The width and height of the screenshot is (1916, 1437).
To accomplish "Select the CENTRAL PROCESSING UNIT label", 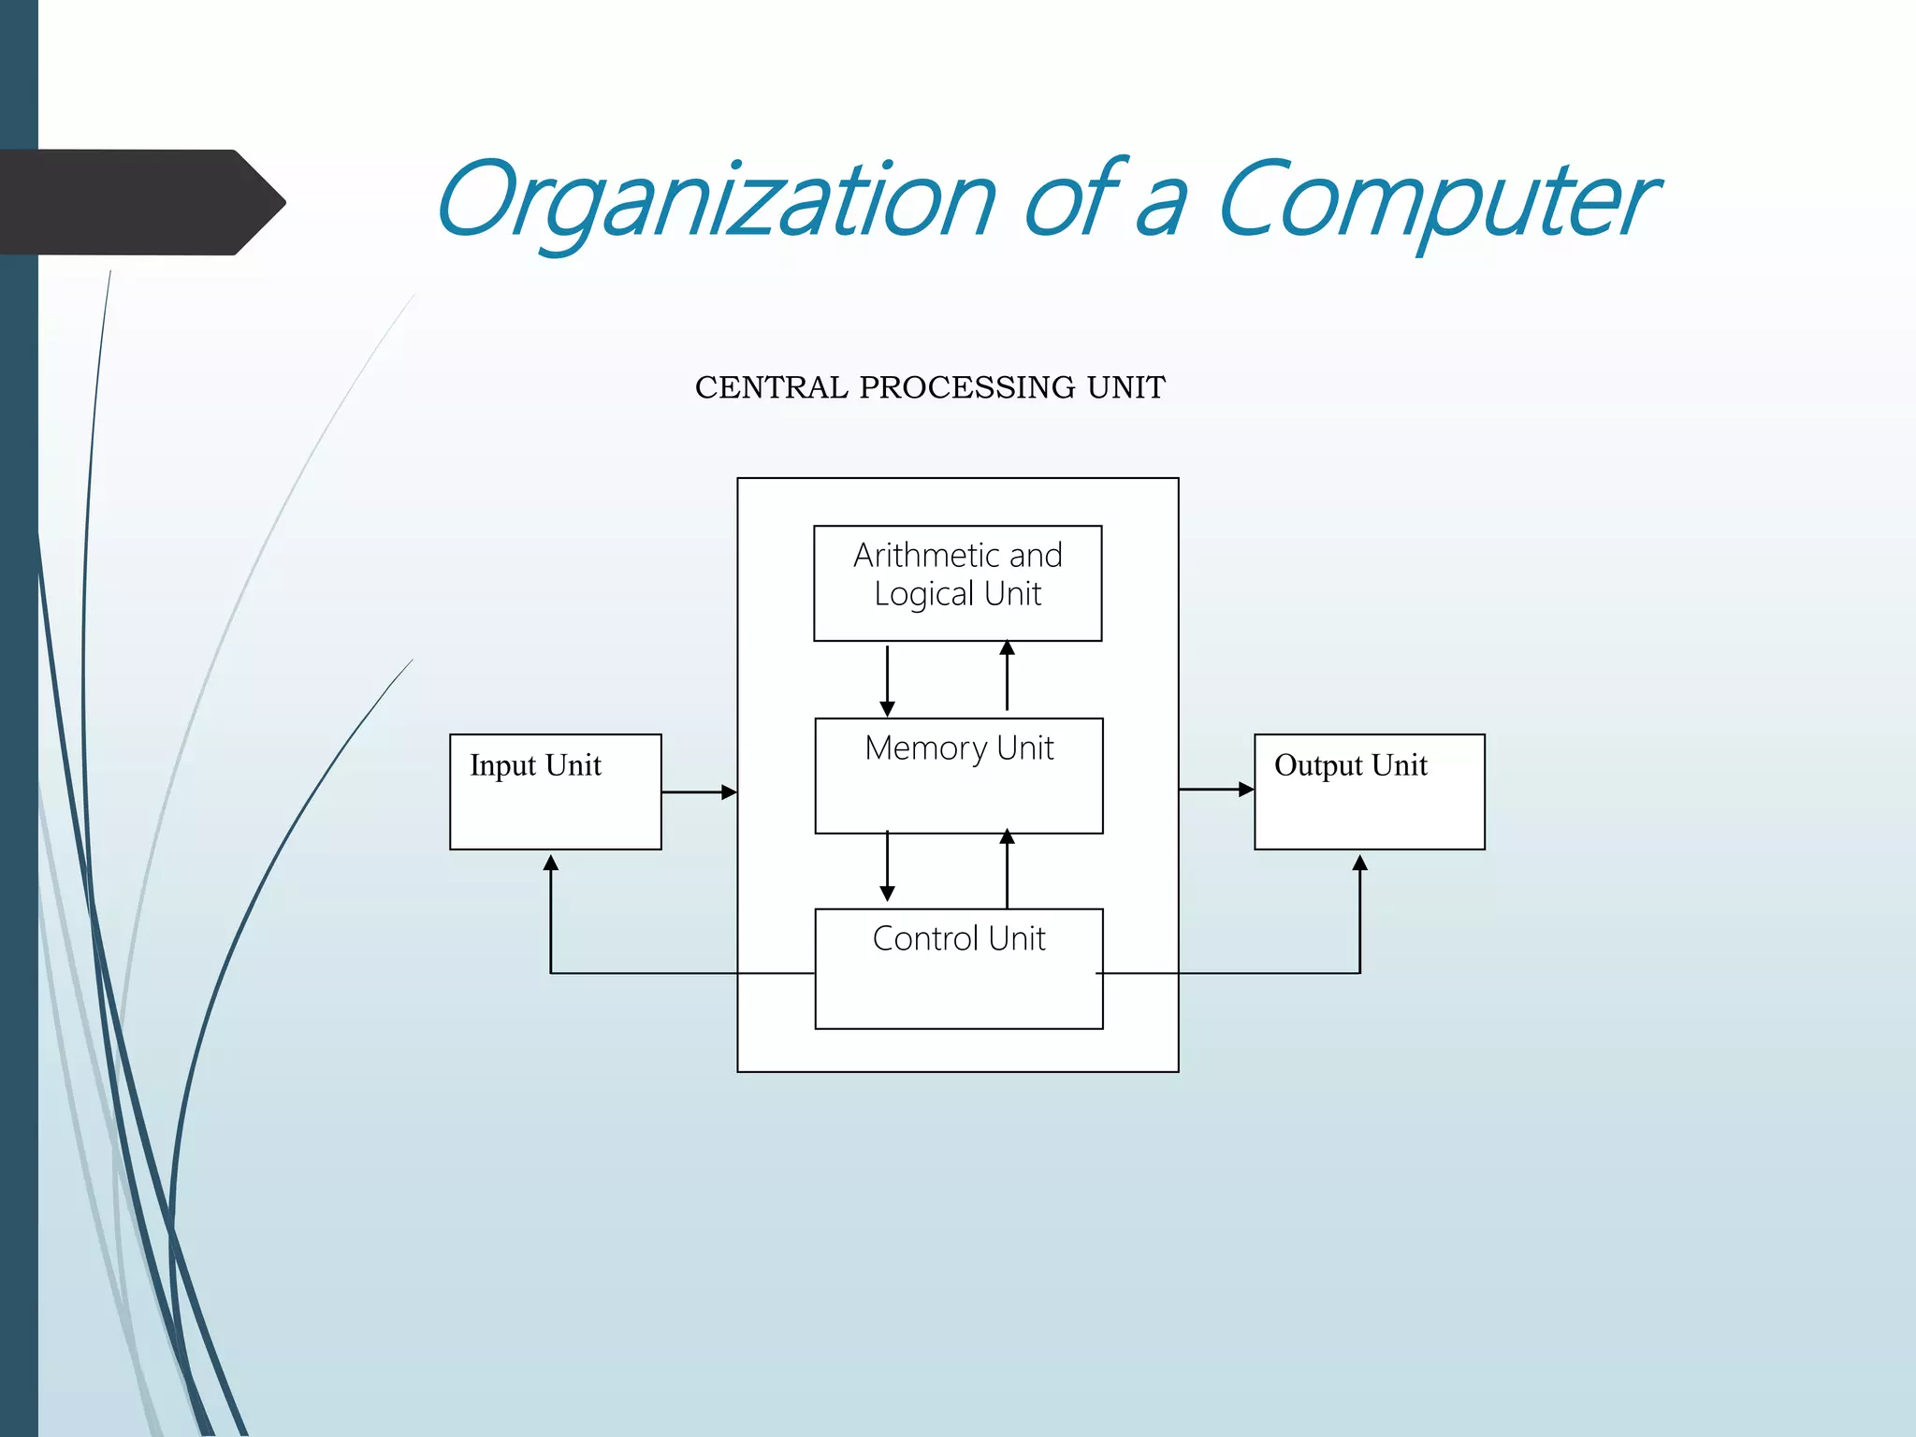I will (x=930, y=387).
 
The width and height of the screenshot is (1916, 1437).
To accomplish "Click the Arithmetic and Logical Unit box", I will (x=957, y=583).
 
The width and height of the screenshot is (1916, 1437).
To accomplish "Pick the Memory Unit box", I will (x=958, y=776).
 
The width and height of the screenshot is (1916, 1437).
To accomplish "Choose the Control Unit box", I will (x=958, y=968).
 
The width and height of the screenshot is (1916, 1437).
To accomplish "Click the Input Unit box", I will (x=555, y=791).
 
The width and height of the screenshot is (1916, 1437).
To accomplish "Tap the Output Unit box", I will (x=1369, y=791).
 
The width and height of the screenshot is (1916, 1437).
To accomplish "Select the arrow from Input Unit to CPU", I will (x=699, y=792).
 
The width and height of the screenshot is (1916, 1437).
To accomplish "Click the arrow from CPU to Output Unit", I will (x=1216, y=790).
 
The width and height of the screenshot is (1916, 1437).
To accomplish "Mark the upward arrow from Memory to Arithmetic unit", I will (x=1007, y=675).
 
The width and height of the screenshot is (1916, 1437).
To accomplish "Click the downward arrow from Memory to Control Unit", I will (x=887, y=866).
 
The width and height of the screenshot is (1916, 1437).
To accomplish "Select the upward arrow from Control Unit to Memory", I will (x=1007, y=868).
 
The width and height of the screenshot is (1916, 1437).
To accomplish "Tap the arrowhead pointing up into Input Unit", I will (x=551, y=863).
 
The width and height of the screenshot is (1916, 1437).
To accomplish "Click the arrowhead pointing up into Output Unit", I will (x=1359, y=863).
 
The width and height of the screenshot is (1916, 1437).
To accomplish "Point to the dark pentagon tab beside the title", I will (x=140, y=202).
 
